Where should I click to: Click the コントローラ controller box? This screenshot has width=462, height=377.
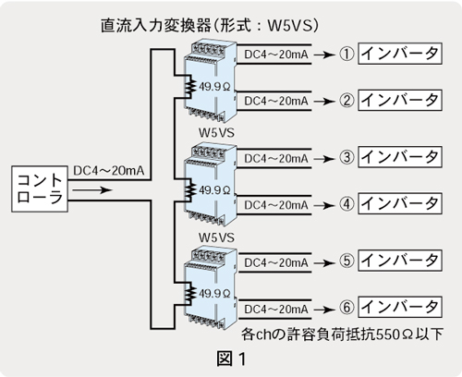coord(40,188)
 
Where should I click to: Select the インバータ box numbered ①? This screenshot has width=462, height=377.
coord(400,54)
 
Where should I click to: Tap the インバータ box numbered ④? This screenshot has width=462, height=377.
coord(400,203)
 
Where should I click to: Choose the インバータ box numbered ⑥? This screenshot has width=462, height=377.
coord(400,307)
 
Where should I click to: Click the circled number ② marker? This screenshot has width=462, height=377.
coord(346,101)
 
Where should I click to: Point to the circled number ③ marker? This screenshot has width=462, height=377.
coord(346,158)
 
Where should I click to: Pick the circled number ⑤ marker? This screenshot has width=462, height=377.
coord(346,261)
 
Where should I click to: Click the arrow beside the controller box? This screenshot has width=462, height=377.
coord(92,190)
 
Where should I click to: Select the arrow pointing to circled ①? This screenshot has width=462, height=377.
coord(324,55)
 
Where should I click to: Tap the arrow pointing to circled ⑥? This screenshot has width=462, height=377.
coord(324,310)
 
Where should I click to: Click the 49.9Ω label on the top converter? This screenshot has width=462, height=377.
coord(214,87)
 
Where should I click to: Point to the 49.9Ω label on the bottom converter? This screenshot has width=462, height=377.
coord(214,294)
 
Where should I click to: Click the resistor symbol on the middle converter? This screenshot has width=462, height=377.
coord(191,189)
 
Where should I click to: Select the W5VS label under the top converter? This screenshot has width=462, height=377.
coord(216,133)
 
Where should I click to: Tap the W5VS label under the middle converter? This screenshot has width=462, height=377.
coord(216,237)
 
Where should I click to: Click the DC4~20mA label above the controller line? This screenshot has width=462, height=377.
coord(109,171)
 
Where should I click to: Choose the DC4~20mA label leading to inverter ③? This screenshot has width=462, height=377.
coord(276,159)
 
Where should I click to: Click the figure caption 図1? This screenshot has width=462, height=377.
coord(231,359)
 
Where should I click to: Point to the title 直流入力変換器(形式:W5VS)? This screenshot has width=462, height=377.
coord(210,26)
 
